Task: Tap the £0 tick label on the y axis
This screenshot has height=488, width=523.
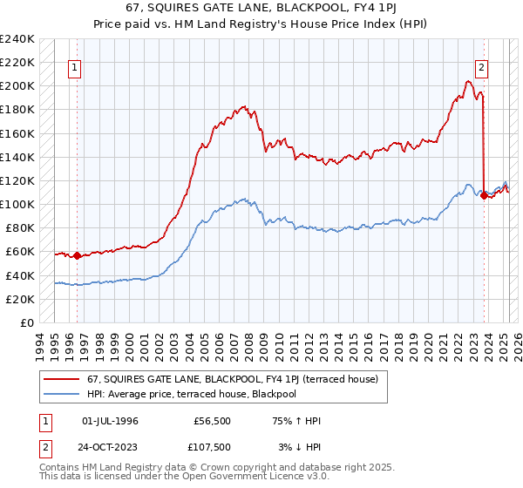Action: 26,322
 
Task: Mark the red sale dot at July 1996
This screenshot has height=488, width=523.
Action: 77,255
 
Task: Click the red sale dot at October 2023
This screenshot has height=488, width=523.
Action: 484,195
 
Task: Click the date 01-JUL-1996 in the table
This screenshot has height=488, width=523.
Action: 111,421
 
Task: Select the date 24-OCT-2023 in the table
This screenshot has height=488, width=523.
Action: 111,447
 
